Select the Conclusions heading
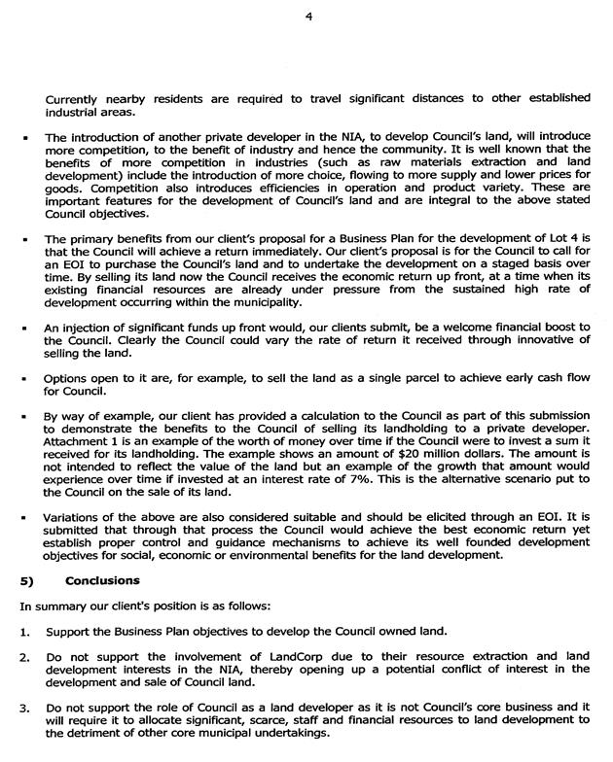[x=103, y=580]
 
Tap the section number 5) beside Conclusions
[x=27, y=580]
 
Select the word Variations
[x=79, y=516]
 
